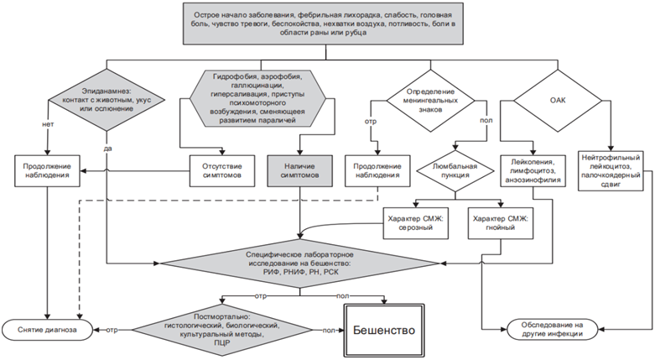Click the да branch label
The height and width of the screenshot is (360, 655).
pos(107,148)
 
